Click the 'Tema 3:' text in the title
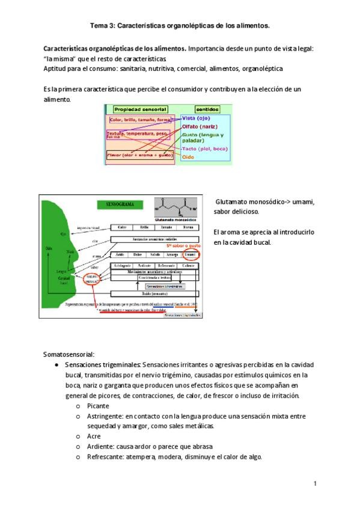coord(102,26)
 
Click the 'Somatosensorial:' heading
coord(69,354)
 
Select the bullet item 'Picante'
coord(99,406)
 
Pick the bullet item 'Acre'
coord(93,436)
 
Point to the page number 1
coord(314,484)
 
